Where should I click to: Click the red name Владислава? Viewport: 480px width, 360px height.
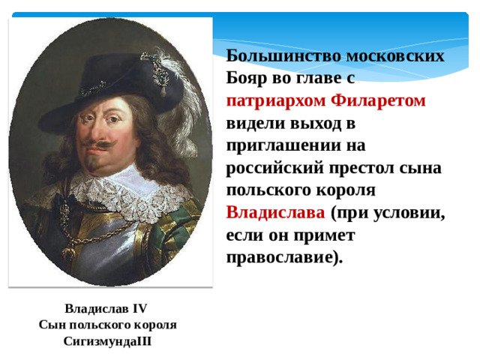[275, 211]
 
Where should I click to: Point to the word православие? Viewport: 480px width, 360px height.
[284, 256]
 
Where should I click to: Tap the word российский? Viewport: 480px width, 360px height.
[276, 167]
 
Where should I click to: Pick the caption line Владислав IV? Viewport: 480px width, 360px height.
[106, 308]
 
